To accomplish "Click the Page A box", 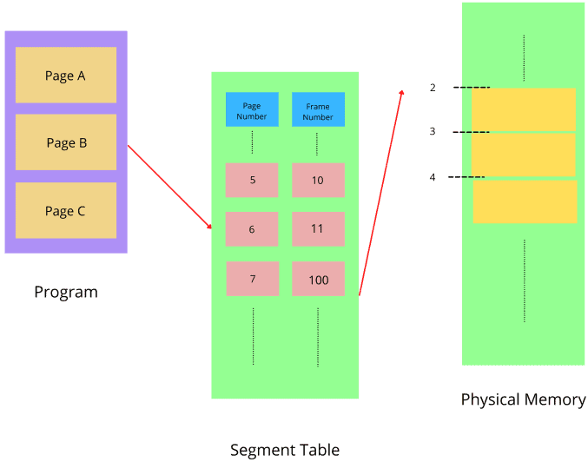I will (x=65, y=76).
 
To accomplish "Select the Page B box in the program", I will (x=65, y=142).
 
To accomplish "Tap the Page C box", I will (x=65, y=210).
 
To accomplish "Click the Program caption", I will (x=66, y=292).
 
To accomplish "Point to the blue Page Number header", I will (x=252, y=110).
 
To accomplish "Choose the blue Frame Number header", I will (x=318, y=110).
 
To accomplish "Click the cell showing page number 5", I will (x=252, y=180).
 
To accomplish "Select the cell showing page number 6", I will (x=252, y=229).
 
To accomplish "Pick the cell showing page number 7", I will (x=253, y=279).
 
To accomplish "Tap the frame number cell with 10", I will (x=318, y=180).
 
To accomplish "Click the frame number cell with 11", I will (x=318, y=229).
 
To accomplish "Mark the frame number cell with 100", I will (x=318, y=279).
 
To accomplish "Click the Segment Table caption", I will (x=285, y=450).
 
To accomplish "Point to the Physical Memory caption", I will (x=523, y=399).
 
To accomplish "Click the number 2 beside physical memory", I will (x=433, y=88).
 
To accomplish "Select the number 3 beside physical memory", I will (x=433, y=132).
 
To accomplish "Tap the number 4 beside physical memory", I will (x=433, y=177).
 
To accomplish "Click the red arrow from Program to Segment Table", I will (x=169, y=187).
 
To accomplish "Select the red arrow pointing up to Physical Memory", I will (x=380, y=191).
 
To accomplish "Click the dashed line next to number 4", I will (x=466, y=177).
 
